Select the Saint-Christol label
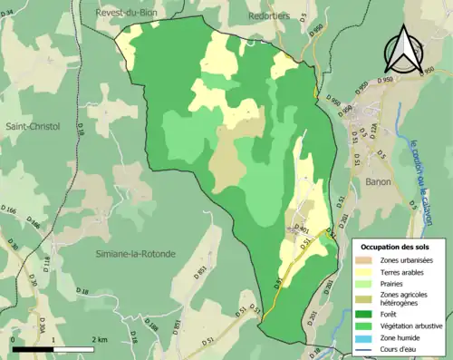pos(32,126)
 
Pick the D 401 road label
pos(304,230)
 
